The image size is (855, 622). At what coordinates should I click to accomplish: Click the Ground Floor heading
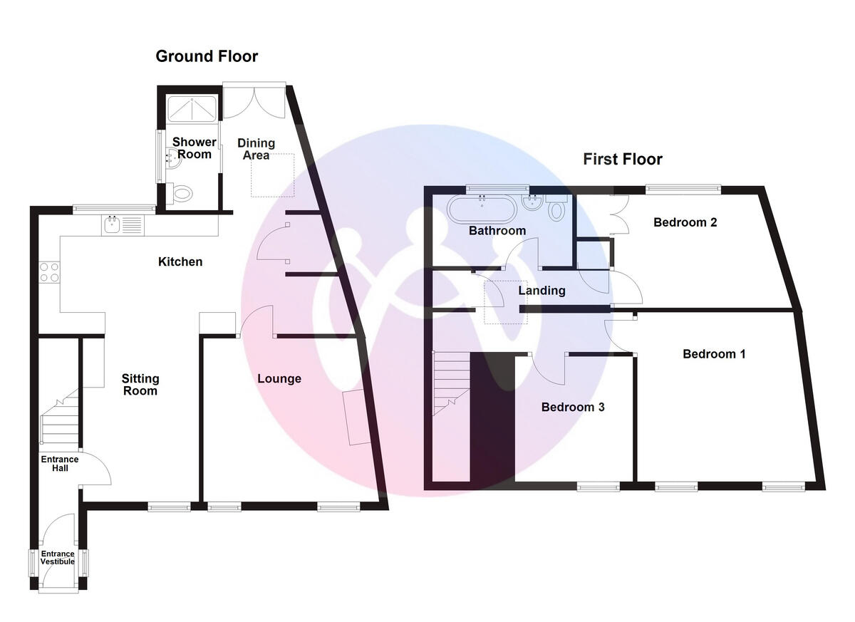pyautogui.click(x=207, y=56)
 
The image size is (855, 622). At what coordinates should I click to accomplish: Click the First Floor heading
pyautogui.click(x=623, y=160)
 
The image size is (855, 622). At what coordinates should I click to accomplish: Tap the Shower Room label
pyautogui.click(x=194, y=148)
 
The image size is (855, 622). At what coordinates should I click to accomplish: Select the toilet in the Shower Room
pyautogui.click(x=182, y=192)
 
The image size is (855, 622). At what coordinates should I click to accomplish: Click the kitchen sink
pyautogui.click(x=112, y=226)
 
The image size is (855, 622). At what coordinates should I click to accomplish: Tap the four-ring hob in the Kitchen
pyautogui.click(x=50, y=271)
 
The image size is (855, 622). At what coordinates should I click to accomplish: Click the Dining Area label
pyautogui.click(x=254, y=149)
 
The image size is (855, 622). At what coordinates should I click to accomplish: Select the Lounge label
pyautogui.click(x=279, y=379)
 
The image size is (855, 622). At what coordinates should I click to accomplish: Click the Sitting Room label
pyautogui.click(x=140, y=385)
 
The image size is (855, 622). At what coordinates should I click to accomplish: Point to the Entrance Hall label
pyautogui.click(x=59, y=464)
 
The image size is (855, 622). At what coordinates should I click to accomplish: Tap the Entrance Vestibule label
pyautogui.click(x=57, y=557)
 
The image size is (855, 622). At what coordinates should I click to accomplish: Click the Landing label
pyautogui.click(x=541, y=291)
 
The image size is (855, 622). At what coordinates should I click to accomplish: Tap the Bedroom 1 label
pyautogui.click(x=714, y=354)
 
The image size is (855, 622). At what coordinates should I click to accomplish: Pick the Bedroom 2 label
pyautogui.click(x=685, y=222)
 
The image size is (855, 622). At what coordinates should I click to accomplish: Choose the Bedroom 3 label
pyautogui.click(x=573, y=408)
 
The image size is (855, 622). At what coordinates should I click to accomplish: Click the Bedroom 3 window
pyautogui.click(x=598, y=487)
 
